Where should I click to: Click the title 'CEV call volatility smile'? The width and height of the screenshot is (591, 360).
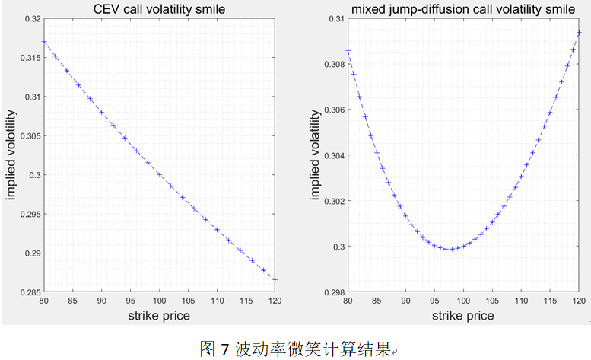(160, 10)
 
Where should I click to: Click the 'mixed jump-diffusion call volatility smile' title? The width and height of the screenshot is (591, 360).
(462, 10)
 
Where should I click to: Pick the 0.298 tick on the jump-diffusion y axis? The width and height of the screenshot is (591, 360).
(329, 292)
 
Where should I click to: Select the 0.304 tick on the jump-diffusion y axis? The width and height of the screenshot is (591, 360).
(329, 155)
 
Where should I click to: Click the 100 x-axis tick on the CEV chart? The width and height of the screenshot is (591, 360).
(160, 302)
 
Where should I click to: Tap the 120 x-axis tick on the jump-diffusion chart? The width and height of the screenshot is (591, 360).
(579, 302)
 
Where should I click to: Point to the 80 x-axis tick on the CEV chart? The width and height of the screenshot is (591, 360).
(44, 302)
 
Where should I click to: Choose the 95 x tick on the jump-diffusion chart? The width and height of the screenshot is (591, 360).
(434, 302)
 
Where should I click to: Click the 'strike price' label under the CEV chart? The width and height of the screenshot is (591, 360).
(160, 316)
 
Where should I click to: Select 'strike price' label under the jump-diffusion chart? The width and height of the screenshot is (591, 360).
(462, 316)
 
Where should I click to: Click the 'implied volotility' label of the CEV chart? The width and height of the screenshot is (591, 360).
(11, 155)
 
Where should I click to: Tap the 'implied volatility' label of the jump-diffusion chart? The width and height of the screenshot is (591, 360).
(314, 155)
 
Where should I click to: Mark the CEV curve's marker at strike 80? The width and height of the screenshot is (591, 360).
(44, 42)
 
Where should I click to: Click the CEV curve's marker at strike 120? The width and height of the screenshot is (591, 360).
(275, 279)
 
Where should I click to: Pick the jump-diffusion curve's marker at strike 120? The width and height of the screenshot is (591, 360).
(579, 33)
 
